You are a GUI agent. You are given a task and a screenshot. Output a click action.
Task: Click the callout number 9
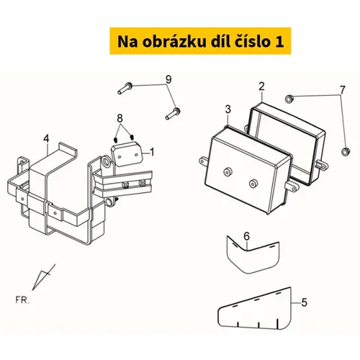point(168,79)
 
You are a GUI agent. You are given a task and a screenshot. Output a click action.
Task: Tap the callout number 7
point(343,90)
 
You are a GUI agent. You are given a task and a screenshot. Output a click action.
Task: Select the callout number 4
point(46,139)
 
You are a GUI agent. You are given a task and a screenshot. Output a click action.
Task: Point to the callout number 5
point(304,302)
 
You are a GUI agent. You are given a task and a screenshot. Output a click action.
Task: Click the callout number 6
point(247,236)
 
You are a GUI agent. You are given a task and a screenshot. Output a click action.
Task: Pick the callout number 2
point(261,86)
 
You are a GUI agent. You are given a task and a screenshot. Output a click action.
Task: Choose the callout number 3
point(228,109)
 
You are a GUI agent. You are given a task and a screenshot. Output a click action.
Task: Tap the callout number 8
point(120,118)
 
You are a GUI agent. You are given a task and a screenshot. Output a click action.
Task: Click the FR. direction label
point(22,300)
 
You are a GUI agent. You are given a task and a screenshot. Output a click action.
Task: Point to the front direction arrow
point(44,277)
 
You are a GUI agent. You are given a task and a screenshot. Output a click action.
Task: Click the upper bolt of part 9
point(125,88)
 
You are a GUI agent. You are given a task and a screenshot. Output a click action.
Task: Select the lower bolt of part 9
point(173,114)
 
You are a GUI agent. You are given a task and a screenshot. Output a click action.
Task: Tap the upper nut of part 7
point(289,99)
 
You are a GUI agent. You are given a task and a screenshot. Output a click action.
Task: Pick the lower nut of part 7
point(346,152)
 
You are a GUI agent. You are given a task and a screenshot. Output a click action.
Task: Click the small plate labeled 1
point(127,154)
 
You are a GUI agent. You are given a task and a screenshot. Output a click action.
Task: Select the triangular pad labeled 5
point(255,309)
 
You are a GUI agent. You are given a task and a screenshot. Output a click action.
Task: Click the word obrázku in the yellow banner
point(174,42)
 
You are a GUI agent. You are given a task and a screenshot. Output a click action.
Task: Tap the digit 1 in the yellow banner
point(279,42)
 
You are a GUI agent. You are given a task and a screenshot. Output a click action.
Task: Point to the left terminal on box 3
point(227,172)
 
